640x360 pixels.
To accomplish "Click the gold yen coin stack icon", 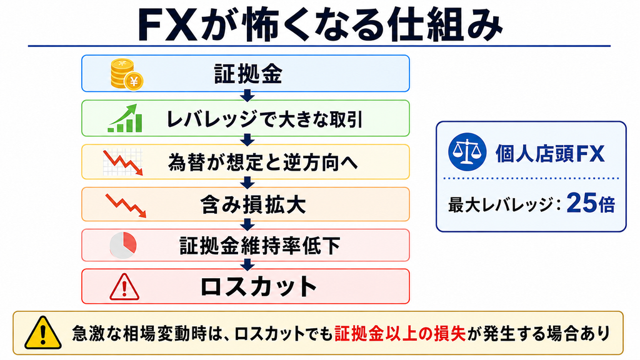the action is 126,74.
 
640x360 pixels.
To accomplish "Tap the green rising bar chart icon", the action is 125,118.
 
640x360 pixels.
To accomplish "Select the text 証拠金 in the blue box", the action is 248,74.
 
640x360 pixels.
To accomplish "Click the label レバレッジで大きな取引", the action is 264,119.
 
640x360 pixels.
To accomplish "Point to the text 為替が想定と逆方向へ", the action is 263,162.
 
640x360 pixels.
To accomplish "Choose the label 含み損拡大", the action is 253,204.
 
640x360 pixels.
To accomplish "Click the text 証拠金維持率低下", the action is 260,246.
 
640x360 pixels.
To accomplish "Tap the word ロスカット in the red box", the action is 259,286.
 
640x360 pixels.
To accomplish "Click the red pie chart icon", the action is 123,245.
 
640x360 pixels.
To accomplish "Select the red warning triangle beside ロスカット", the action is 124,287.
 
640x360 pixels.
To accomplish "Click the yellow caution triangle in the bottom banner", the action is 43,333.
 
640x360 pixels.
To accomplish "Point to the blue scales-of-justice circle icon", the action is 467,151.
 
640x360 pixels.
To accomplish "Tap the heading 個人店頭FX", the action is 550,154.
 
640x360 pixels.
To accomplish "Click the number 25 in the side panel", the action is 582,203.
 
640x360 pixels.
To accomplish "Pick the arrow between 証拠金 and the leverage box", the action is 247,96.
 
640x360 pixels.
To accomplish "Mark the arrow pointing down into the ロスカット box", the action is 247,265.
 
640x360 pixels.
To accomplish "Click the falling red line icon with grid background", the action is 123,162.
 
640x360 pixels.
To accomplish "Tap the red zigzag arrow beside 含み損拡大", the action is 126,205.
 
